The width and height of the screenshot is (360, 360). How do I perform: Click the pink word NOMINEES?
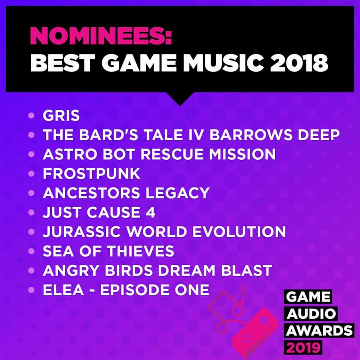coord(101,36)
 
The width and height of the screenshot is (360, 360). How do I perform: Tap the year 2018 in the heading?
coord(299,63)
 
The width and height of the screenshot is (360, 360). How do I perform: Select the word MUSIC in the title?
coord(223,63)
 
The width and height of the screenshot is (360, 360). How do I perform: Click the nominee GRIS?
coord(61,115)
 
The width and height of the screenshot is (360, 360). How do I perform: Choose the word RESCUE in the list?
coord(172,154)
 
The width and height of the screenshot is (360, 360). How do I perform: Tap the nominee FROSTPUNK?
coord(91,173)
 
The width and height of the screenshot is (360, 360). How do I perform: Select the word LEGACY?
coord(177,193)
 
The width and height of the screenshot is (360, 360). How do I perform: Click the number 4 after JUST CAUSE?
coord(151,212)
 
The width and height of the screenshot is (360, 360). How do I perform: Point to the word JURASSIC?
coord(81,231)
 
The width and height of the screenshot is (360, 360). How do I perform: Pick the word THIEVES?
coord(141,251)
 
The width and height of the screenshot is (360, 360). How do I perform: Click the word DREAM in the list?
coord(186,270)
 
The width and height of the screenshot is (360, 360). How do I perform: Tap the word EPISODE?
coord(135,289)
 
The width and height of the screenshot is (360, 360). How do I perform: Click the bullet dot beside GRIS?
coord(31,115)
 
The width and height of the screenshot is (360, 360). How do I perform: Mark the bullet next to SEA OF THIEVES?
coord(31,251)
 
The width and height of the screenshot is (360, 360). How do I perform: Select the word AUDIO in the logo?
coord(311,313)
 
